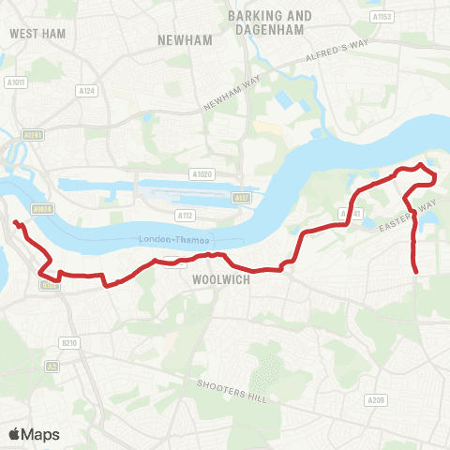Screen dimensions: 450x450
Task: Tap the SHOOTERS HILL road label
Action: tap(232, 392)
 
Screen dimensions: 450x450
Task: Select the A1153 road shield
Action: tap(381, 17)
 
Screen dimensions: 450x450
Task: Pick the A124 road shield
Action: tap(88, 91)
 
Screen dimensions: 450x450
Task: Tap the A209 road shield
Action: tap(375, 400)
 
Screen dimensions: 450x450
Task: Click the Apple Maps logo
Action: tap(34, 434)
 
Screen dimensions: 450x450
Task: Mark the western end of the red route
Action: tap(14, 221)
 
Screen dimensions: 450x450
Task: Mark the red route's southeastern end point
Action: tap(416, 273)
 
